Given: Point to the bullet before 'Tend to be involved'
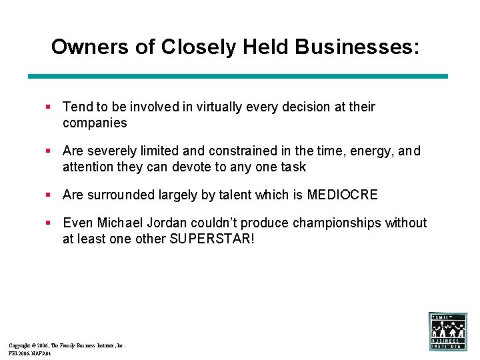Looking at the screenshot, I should (x=49, y=107).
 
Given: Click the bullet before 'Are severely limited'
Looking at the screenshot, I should (x=49, y=151).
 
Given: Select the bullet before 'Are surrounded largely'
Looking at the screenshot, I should (x=49, y=195).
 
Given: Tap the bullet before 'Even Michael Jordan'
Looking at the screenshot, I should (x=49, y=223).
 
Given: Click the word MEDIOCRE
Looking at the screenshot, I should (x=342, y=195).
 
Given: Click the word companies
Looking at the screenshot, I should (x=95, y=123).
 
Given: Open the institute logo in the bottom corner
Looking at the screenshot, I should (x=448, y=331).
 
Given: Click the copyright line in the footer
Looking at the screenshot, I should (x=67, y=345).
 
